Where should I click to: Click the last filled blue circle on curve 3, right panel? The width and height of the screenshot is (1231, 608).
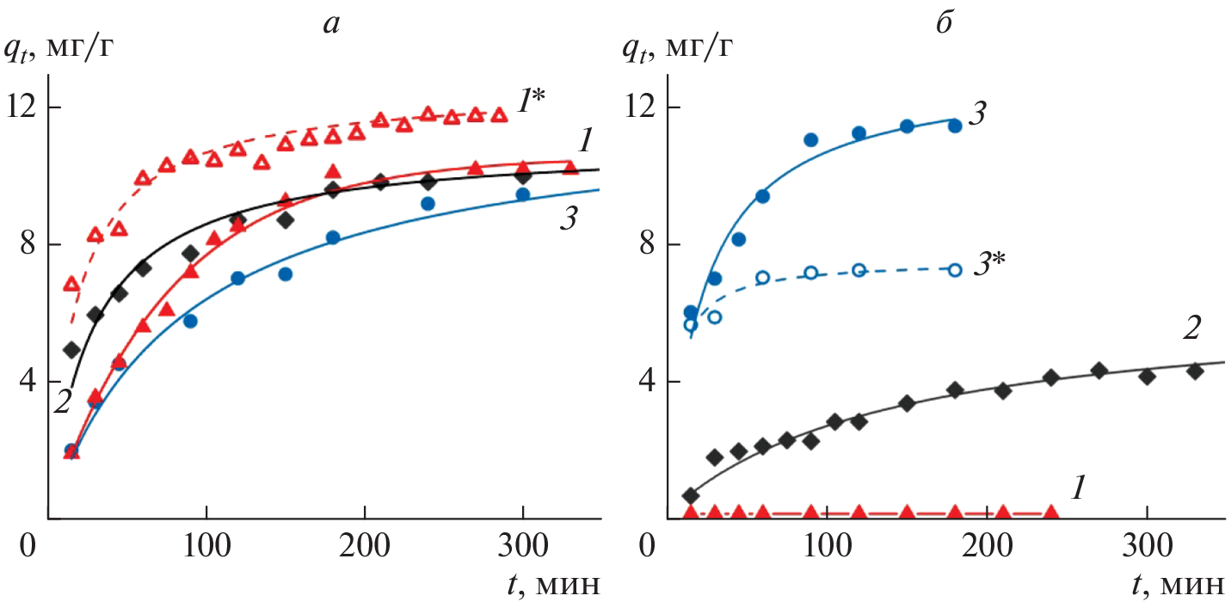coord(955,126)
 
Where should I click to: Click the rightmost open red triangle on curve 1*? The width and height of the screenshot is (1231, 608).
coord(498,114)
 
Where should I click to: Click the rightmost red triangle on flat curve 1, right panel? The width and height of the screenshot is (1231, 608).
coord(1051,513)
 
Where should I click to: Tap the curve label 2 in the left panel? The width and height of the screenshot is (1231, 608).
coord(61,402)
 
